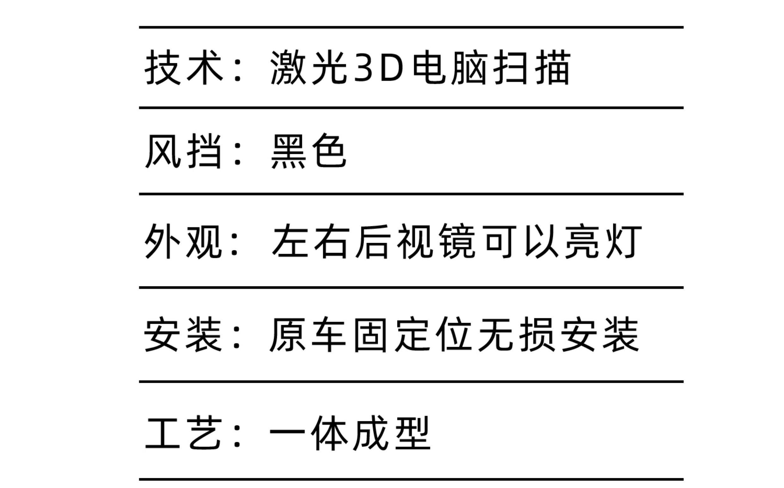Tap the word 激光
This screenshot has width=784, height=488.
coord(308,67)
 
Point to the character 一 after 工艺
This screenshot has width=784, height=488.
coord(287,433)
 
